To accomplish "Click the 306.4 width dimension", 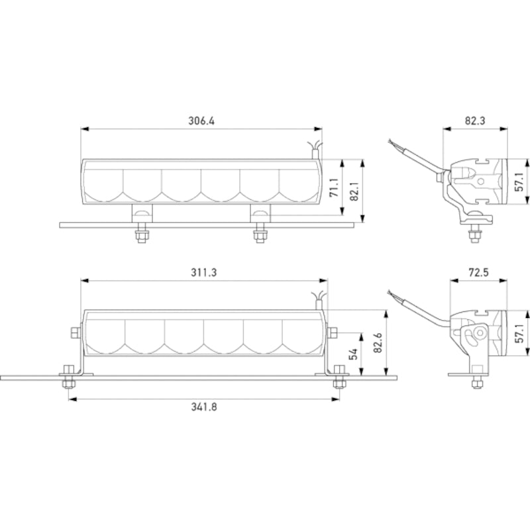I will [202, 121].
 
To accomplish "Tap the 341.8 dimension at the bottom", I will [203, 407].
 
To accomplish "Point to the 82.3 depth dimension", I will [475, 121].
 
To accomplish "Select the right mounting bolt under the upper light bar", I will [260, 235].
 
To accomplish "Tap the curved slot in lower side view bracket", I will [471, 335].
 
